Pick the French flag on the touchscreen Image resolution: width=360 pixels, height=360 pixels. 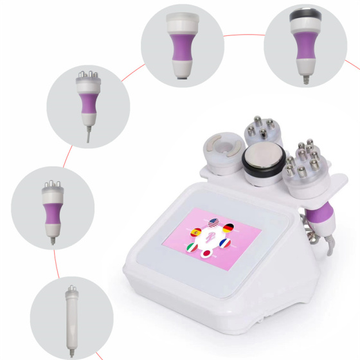point(224,243)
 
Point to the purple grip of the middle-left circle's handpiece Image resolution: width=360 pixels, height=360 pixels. point(52,213)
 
